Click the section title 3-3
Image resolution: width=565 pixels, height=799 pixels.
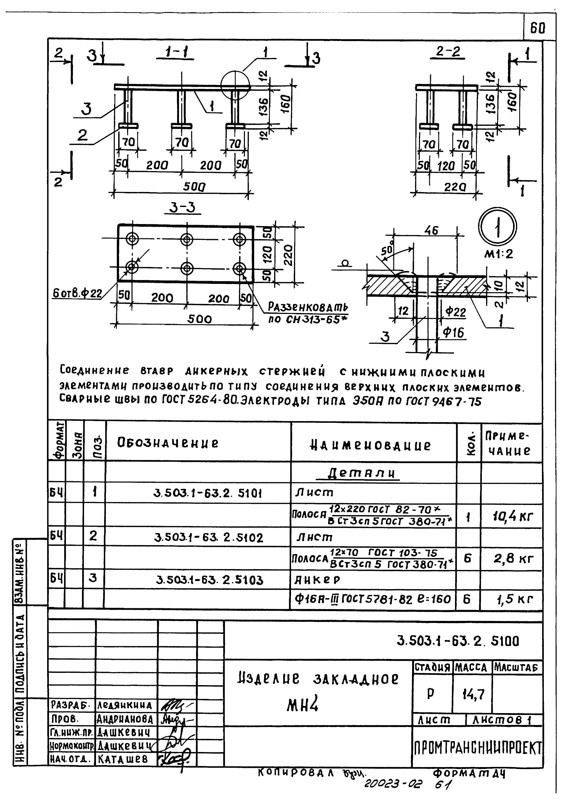(182, 208)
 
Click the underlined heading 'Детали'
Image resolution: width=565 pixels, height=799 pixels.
(362, 473)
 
